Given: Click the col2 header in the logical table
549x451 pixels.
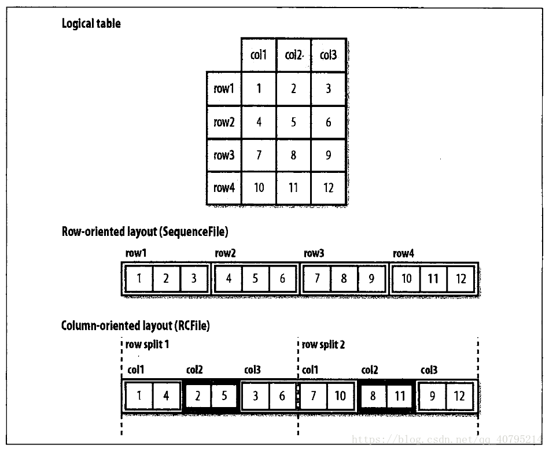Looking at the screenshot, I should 294,56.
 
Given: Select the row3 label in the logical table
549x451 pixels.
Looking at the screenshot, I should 223,155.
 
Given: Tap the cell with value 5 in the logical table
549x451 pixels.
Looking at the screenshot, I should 294,122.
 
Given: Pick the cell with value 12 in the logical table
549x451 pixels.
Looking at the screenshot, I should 329,188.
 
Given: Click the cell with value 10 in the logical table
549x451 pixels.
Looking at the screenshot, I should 259,188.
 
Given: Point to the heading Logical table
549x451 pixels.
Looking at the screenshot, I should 91,24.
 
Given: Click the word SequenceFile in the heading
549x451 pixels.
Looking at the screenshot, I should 197,232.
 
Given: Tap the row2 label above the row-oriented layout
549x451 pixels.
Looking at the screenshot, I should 225,254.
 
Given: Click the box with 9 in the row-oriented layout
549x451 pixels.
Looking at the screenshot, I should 371,279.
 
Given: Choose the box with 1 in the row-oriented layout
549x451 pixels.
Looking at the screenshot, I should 139,279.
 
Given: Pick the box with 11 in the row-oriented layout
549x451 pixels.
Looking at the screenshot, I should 433,279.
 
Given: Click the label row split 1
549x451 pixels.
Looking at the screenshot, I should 147,345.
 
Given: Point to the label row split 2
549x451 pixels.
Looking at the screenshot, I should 323,345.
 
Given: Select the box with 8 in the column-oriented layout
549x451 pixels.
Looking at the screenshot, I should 373,397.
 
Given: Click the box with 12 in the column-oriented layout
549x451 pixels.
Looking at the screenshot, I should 459,397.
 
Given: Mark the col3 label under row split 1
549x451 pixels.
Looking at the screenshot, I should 252,369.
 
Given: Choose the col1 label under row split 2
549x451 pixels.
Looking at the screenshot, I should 310,369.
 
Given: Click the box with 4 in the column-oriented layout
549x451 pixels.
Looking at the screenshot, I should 166,397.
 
